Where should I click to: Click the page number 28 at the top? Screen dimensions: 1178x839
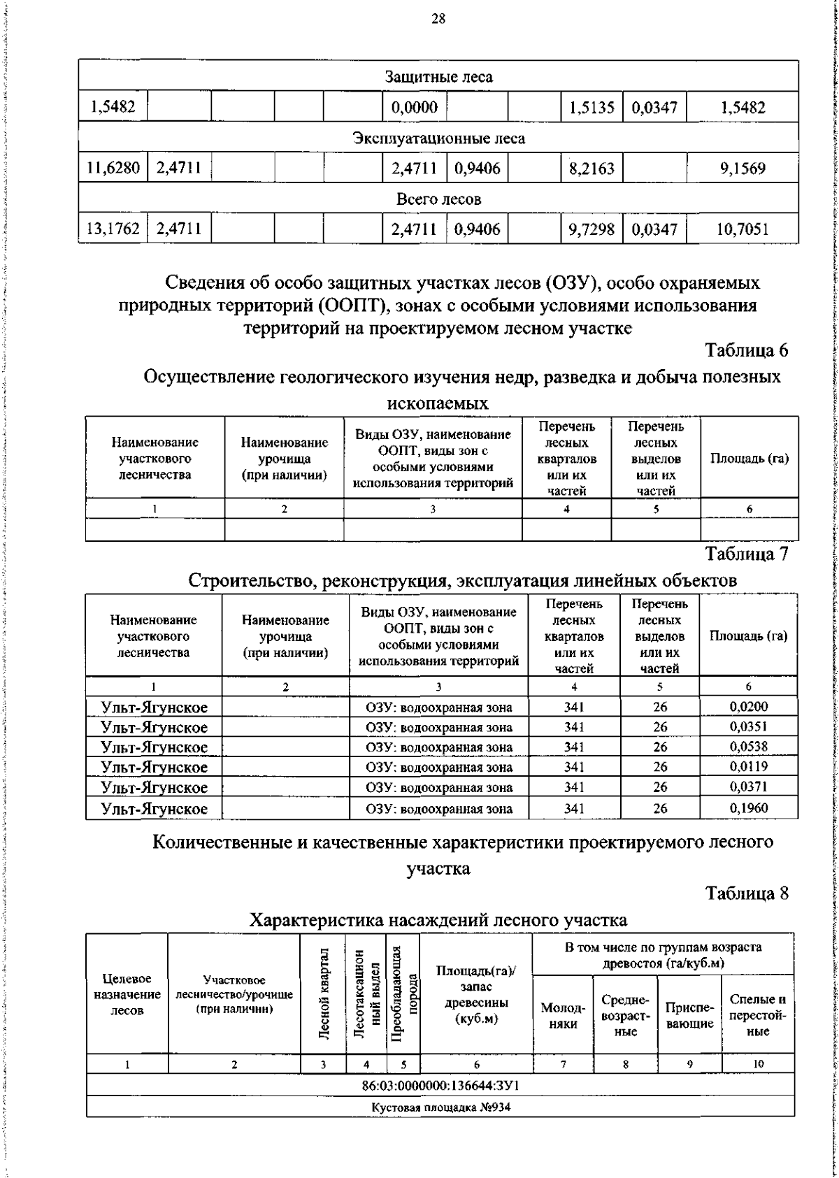[438, 19]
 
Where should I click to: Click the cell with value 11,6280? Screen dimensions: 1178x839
[113, 168]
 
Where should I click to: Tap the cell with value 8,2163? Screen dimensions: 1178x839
[591, 168]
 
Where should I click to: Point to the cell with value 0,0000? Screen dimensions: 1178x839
[415, 108]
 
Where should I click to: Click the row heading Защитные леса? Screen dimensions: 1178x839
[438, 77]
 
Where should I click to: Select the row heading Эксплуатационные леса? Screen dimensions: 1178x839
[438, 138]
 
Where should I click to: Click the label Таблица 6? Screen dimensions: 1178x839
[747, 350]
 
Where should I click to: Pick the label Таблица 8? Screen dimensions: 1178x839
[747, 893]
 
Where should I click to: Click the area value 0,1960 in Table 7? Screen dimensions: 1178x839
[748, 808]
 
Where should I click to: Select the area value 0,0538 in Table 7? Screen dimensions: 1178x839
[748, 746]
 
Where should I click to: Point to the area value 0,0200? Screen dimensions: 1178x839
[748, 706]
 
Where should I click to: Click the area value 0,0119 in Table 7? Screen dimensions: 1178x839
[748, 766]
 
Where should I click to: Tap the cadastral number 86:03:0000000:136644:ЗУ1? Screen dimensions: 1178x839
[440, 1086]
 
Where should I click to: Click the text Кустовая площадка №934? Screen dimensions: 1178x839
[440, 1107]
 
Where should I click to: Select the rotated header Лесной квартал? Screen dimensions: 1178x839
[324, 1003]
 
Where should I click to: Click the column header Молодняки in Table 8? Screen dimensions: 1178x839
[563, 1016]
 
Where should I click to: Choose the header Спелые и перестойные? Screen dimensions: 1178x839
[758, 1015]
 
